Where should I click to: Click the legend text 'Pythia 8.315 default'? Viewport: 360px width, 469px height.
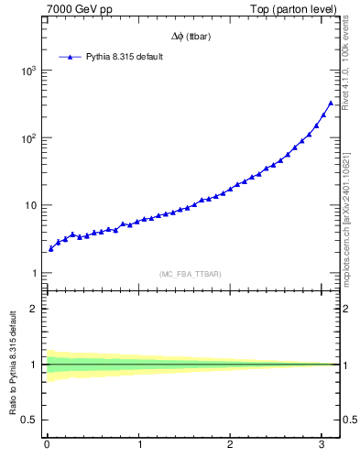pyautogui.click(x=130, y=57)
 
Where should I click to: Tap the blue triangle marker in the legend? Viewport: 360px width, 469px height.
pyautogui.click(x=71, y=57)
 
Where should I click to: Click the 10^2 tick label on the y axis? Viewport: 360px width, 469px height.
pyautogui.click(x=27, y=138)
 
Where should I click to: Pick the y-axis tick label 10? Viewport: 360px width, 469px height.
pyautogui.click(x=30, y=205)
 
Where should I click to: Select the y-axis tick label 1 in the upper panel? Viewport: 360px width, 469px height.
pyautogui.click(x=35, y=273)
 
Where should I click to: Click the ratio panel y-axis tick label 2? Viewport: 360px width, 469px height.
pyautogui.click(x=35, y=308)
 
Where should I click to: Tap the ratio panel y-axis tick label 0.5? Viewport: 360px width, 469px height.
pyautogui.click(x=30, y=420)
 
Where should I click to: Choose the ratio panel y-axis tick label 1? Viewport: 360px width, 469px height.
pyautogui.click(x=35, y=364)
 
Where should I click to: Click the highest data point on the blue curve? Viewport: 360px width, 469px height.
pyautogui.click(x=331, y=104)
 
